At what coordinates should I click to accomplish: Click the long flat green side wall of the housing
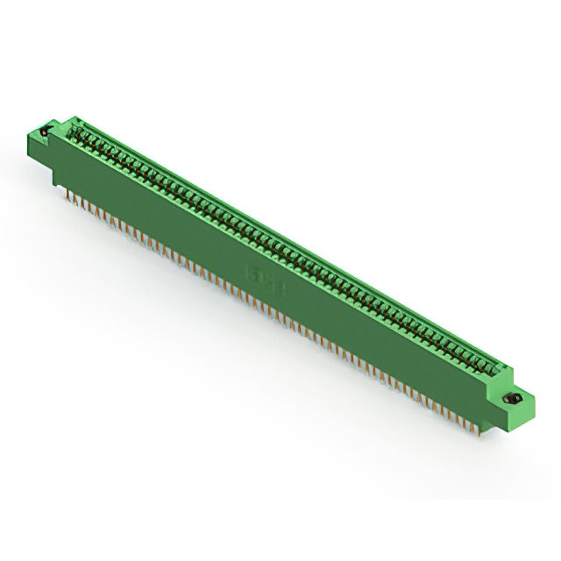(x=263, y=254)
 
